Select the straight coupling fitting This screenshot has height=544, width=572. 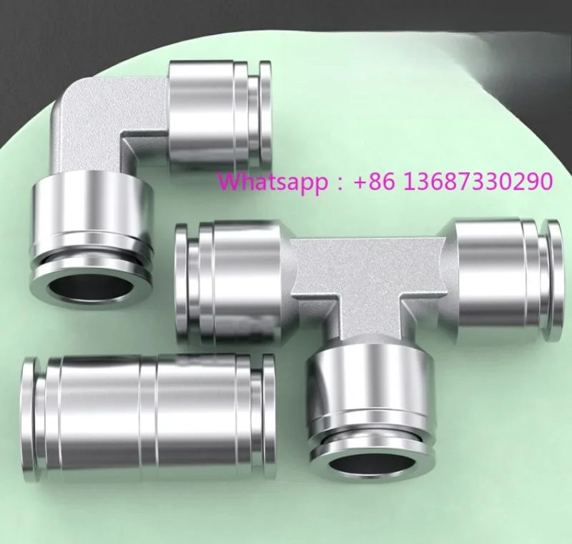pyautogui.click(x=148, y=417)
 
